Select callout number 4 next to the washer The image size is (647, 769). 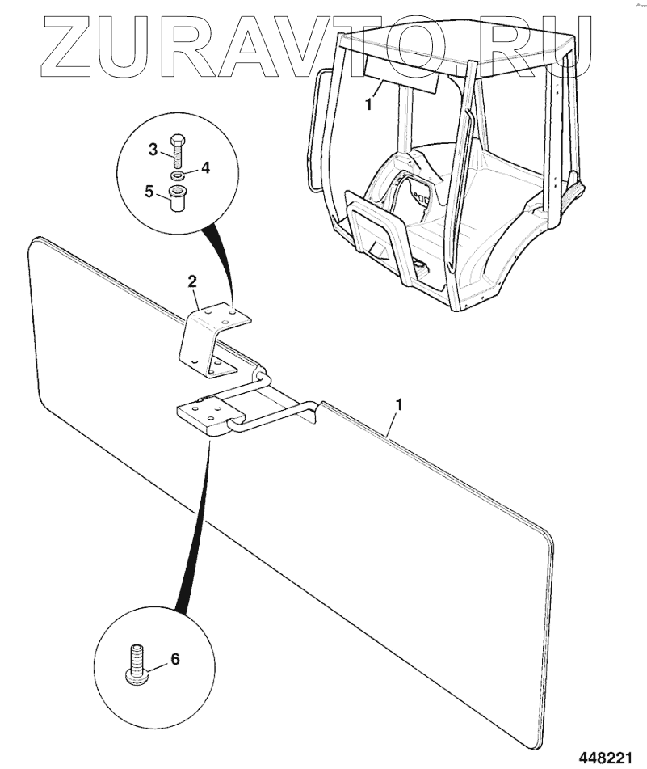click(205, 168)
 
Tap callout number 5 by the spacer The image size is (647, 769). click(149, 192)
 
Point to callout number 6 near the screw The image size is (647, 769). click(174, 659)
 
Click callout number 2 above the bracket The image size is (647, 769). click(191, 281)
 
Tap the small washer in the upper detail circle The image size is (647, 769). click(177, 175)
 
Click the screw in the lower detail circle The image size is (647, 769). click(135, 663)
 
